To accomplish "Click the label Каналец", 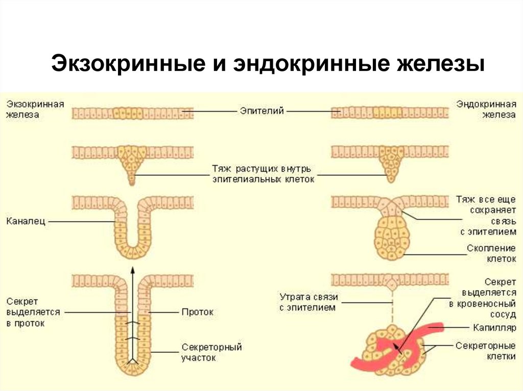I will [x=26, y=221].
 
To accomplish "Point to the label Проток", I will [x=197, y=311].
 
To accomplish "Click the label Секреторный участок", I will [x=211, y=352].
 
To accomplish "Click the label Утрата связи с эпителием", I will [x=308, y=302].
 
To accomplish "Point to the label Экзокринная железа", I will [x=35, y=109].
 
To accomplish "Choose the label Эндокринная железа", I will [x=486, y=109].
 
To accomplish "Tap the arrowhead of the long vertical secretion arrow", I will [x=132, y=270].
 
